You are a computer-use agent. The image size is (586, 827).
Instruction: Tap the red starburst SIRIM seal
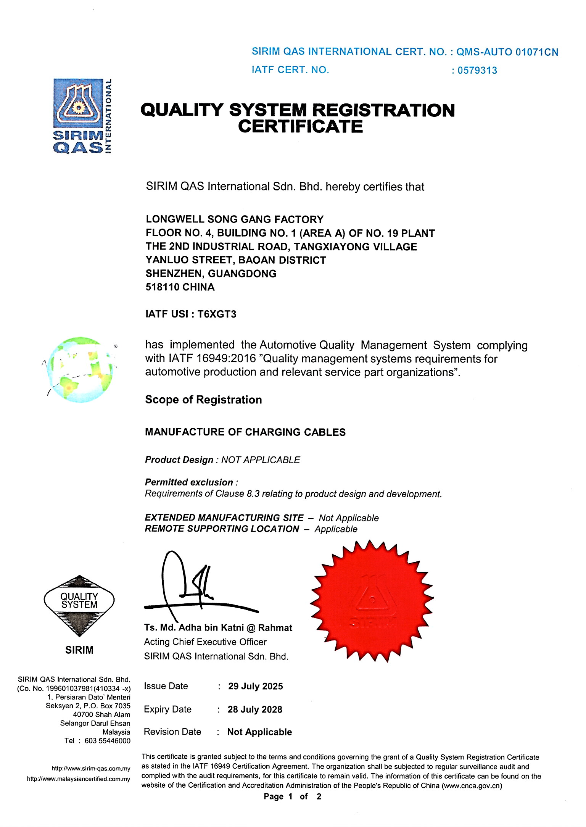[373, 602]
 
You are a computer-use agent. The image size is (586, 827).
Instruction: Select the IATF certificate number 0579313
[477, 71]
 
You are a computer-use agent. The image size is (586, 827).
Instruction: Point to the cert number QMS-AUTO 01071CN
[507, 52]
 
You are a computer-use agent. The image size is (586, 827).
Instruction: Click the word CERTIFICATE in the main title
[300, 126]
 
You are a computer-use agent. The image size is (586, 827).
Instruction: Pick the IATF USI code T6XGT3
[217, 314]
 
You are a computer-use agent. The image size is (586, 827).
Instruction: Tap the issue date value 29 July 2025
[256, 686]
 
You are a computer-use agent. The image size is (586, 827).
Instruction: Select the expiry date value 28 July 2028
[255, 709]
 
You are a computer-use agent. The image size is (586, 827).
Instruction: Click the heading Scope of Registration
[203, 400]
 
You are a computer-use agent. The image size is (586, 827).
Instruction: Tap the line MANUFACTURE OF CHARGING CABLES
[245, 432]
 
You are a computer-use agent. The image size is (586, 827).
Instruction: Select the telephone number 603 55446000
[108, 741]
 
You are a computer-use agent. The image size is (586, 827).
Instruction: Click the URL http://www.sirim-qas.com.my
[91, 769]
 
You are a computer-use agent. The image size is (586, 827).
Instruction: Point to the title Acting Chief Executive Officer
[205, 642]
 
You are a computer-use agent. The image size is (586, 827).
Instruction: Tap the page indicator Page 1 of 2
[293, 796]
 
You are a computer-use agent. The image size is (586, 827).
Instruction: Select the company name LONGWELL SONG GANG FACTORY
[235, 219]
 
